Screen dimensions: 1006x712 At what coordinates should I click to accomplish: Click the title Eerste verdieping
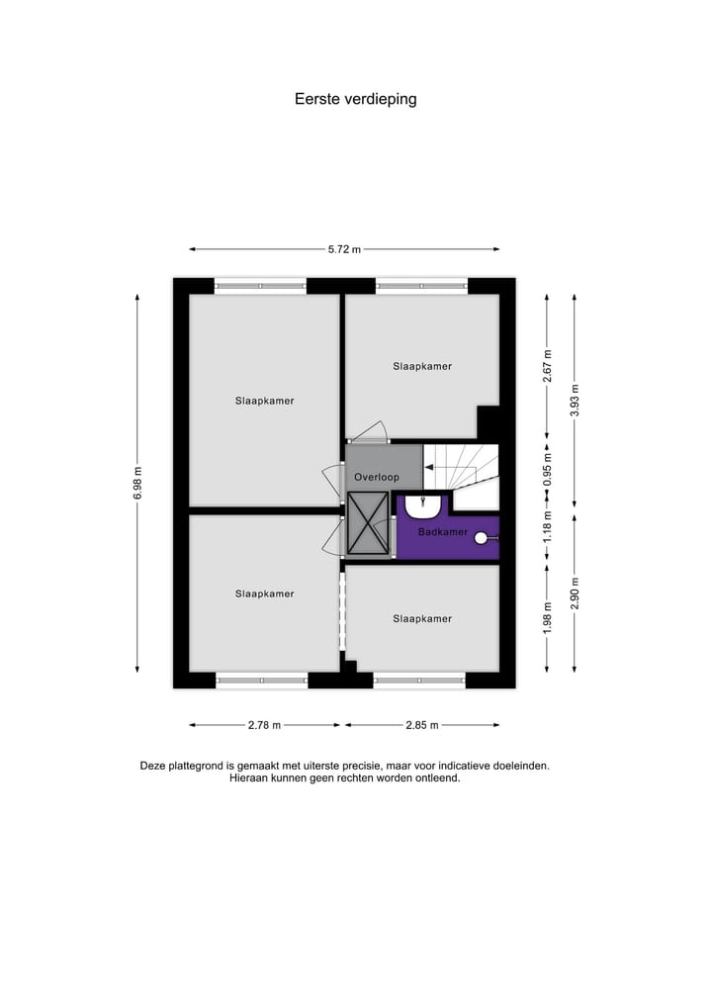[x=355, y=99]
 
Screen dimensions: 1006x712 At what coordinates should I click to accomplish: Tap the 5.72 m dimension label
[x=344, y=249]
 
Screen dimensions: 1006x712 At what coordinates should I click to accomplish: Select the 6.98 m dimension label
[x=138, y=483]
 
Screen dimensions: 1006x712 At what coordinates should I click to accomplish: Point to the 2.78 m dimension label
[x=264, y=725]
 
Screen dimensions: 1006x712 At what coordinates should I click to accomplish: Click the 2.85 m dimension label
[x=422, y=725]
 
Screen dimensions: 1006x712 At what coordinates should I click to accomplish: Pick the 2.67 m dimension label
[x=547, y=366]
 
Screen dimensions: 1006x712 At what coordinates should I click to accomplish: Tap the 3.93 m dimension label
[x=576, y=400]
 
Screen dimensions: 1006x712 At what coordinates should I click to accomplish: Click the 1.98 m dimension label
[x=547, y=617]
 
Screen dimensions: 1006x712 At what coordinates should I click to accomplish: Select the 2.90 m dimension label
[x=576, y=594]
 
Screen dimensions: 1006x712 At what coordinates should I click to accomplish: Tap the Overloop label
[x=376, y=477]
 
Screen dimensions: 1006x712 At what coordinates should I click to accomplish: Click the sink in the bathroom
[x=423, y=507]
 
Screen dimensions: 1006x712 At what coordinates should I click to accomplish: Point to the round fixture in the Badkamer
[x=482, y=538]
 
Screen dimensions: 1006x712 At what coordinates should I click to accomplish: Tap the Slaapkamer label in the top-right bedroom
[x=422, y=366]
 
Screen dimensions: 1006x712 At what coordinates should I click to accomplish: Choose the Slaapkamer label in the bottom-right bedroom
[x=422, y=619]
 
